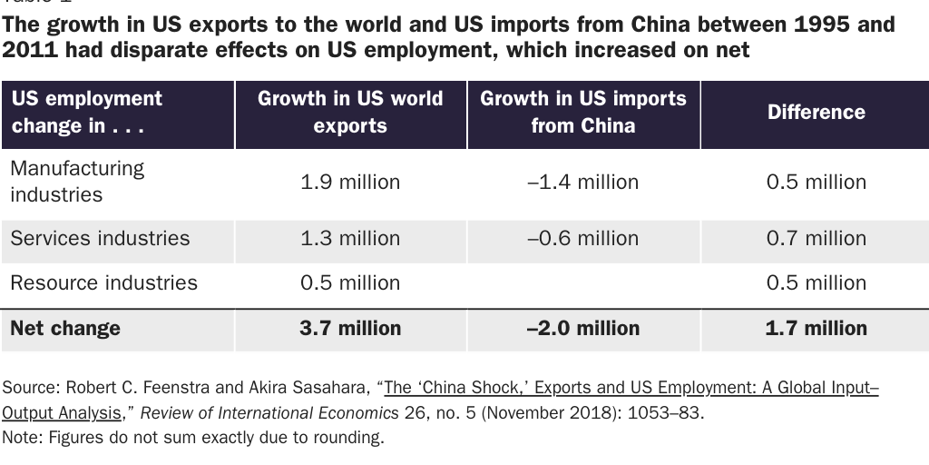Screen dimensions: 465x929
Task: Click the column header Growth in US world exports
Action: click(x=350, y=112)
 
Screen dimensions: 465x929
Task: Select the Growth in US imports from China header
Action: click(x=583, y=112)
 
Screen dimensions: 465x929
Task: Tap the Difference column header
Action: click(x=816, y=112)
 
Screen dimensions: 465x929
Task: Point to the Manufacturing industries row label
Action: click(x=77, y=182)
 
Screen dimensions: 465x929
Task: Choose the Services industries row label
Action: click(x=100, y=238)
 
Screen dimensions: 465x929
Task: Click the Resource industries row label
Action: click(x=103, y=282)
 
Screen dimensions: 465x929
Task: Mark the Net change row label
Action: click(x=65, y=328)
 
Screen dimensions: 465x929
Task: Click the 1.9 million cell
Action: click(x=350, y=182)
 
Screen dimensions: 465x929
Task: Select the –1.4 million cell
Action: click(x=583, y=182)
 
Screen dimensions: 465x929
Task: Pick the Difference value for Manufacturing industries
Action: click(x=816, y=182)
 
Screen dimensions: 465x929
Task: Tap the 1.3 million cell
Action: click(x=350, y=238)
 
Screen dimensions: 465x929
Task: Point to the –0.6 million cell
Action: click(x=583, y=238)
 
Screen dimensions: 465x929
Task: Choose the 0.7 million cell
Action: click(x=816, y=238)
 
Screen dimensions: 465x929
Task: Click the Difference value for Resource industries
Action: click(x=816, y=282)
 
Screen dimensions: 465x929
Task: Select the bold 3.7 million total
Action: click(x=350, y=328)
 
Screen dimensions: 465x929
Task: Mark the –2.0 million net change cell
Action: click(x=583, y=328)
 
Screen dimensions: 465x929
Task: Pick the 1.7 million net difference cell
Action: click(x=816, y=328)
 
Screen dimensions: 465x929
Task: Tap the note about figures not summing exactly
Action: click(x=193, y=438)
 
